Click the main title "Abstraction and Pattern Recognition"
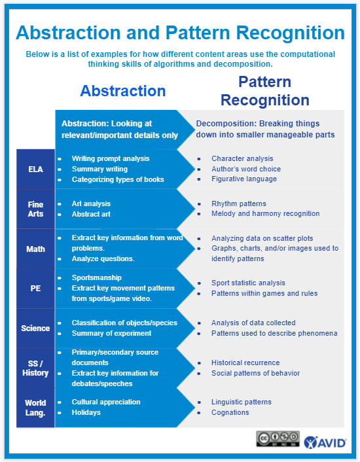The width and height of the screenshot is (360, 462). tap(180, 33)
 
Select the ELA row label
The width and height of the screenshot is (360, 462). tap(35, 169)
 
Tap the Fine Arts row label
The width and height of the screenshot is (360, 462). tap(35, 209)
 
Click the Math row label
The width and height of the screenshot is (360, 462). tap(35, 249)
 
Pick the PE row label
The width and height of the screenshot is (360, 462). tap(35, 289)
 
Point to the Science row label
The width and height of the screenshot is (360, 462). tap(35, 328)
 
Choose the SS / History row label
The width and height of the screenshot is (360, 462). tap(35, 368)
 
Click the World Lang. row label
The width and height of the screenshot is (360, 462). tap(35, 408)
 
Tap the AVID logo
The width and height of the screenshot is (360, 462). tap(325, 441)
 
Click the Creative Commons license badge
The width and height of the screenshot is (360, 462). tap(278, 439)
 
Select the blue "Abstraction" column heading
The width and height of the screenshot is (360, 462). tap(122, 91)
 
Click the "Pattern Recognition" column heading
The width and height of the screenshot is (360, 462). tap(264, 91)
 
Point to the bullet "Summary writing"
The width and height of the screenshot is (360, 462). tap(99, 169)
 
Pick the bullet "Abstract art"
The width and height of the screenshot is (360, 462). tap(91, 214)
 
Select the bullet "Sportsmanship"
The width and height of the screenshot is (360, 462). tap(96, 278)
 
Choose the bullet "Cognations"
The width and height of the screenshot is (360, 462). tap(230, 412)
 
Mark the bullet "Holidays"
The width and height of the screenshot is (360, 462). tap(87, 412)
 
